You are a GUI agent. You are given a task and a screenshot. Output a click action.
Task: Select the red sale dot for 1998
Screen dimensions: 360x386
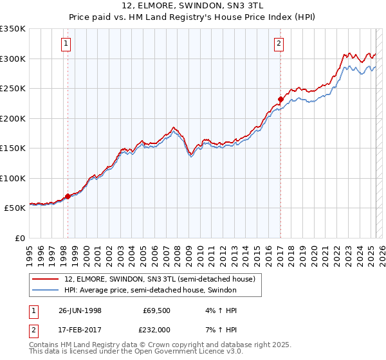(68, 196)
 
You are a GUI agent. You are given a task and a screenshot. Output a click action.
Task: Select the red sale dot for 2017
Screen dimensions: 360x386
(280, 99)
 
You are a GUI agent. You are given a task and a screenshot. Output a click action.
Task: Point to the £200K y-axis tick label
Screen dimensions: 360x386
(13, 118)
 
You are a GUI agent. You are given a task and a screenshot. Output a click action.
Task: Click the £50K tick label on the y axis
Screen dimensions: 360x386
(15, 208)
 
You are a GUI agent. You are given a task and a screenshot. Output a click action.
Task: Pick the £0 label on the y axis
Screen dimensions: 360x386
(21, 239)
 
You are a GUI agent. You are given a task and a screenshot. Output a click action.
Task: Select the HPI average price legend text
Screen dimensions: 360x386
(151, 290)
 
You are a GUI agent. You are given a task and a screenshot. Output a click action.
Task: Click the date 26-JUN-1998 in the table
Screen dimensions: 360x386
(79, 310)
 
